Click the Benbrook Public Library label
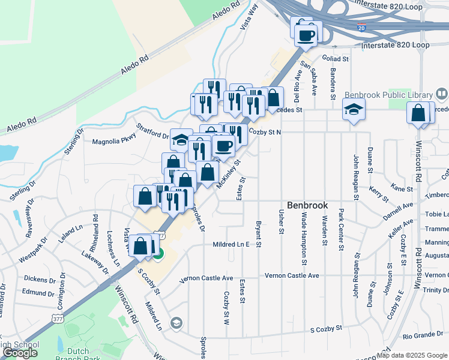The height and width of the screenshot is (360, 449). [x=388, y=95]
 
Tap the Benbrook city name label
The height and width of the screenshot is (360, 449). [x=307, y=205]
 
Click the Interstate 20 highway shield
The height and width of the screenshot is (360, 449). [x=361, y=28]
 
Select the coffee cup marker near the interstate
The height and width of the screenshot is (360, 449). [x=307, y=34]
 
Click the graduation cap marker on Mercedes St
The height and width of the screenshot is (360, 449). [x=354, y=110]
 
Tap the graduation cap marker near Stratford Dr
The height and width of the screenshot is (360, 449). [x=181, y=140]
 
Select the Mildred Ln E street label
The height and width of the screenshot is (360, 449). [x=231, y=245]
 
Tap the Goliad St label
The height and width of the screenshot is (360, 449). [x=337, y=59]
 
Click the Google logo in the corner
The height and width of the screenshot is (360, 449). [x=20, y=353]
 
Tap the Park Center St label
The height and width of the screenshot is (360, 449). [x=340, y=229]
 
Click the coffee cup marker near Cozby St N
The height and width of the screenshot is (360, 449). [x=223, y=146]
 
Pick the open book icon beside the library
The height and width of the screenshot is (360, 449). [x=441, y=94]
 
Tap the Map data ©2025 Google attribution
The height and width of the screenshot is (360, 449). [x=412, y=355]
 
